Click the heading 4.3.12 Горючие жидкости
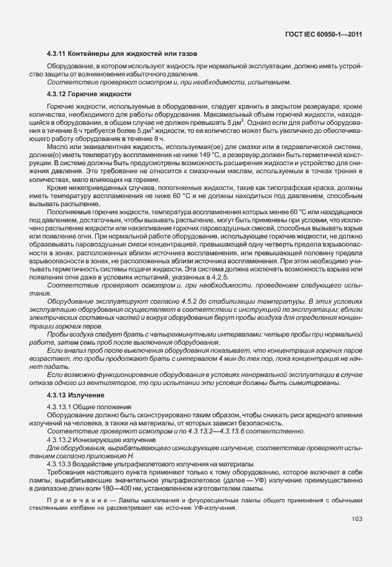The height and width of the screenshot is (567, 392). pyautogui.click(x=89, y=94)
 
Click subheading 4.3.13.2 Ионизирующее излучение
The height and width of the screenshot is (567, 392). pyautogui.click(x=98, y=439)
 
